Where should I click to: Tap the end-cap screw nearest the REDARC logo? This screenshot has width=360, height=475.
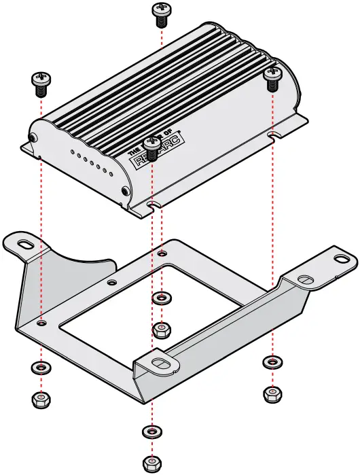pos(124,192)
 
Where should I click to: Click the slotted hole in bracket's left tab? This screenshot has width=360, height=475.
pos(26,242)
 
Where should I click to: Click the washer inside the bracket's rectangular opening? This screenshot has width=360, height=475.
pos(161,298)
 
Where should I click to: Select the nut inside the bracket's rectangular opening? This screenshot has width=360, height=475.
pos(161,330)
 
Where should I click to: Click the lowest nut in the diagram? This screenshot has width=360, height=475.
pos(151,464)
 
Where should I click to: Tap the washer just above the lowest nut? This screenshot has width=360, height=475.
pos(151,432)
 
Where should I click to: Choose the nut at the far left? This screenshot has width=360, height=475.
pos(41,399)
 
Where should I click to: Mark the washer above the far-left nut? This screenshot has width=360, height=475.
pos(41,368)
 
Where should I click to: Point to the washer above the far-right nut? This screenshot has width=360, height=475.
pos(272,362)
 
